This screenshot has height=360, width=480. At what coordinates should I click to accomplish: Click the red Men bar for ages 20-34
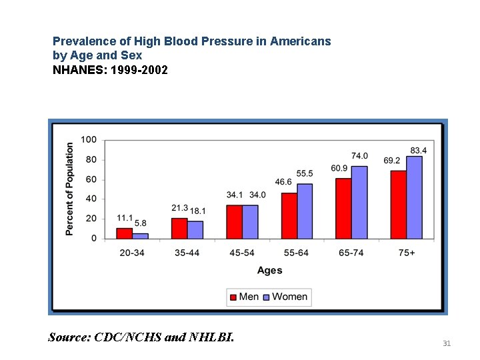point(125,233)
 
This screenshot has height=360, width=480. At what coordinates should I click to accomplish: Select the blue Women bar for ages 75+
point(414,197)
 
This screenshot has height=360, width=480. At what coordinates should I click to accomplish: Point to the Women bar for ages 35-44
point(195,229)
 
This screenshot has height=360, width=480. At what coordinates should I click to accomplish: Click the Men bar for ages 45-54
point(234,221)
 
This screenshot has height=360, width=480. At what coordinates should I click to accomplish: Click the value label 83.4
point(419,151)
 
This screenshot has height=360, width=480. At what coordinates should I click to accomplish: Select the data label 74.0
point(360,156)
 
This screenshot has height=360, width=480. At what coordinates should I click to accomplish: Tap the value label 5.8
point(141,223)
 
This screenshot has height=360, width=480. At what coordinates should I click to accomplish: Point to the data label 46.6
point(283,182)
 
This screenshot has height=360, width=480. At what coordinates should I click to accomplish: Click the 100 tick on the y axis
point(89,139)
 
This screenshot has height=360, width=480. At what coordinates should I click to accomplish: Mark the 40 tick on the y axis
point(91,199)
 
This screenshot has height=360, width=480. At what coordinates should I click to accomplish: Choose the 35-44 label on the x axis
point(187,253)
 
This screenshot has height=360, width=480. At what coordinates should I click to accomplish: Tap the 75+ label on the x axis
point(406,253)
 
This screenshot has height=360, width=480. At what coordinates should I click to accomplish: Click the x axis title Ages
point(269,270)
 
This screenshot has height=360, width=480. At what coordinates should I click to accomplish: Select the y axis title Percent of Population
point(69,189)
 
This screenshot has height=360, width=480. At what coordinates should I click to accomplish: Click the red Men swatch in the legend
point(233,297)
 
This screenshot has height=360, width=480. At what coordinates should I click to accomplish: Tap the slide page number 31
point(447,343)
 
